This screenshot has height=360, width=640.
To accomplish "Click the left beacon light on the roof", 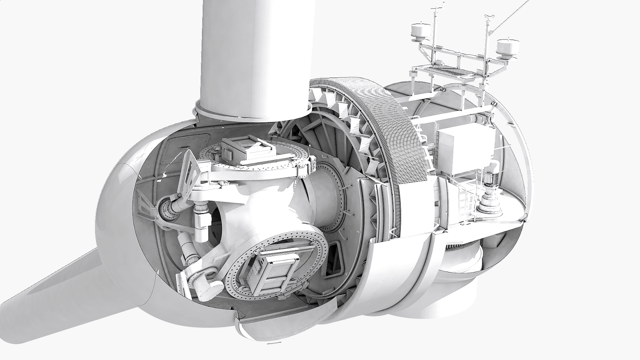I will pyautogui.click(x=420, y=30).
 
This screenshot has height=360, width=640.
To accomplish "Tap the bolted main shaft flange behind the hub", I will pyautogui.click(x=340, y=200).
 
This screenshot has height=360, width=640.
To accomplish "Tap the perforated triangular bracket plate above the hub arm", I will pyautogui.click(x=190, y=172).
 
